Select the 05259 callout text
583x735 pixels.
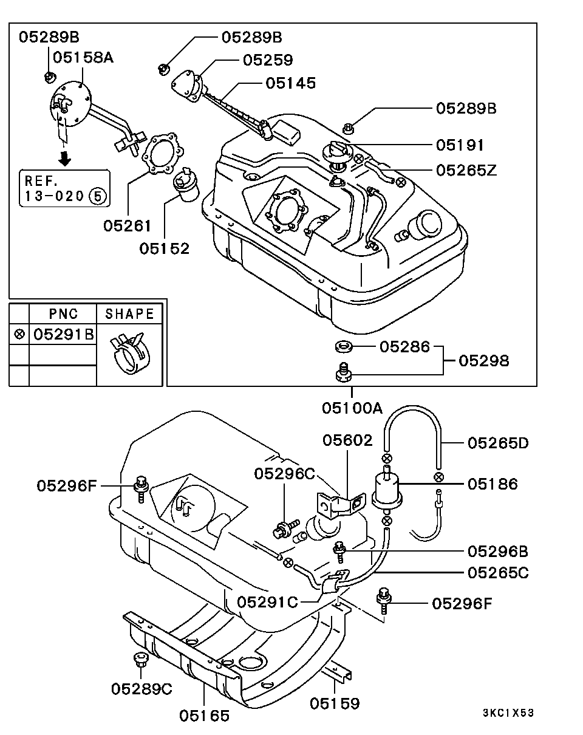coord(268,60)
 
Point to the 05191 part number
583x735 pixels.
coord(460,145)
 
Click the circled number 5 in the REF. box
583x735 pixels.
coord(97,196)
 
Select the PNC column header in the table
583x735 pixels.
coord(63,314)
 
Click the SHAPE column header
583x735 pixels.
coord(129,314)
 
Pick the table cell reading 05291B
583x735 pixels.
coord(63,333)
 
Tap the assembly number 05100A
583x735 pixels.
coord(352,408)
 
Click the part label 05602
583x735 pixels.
coord(347,440)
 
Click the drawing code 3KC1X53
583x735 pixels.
coord(509,713)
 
